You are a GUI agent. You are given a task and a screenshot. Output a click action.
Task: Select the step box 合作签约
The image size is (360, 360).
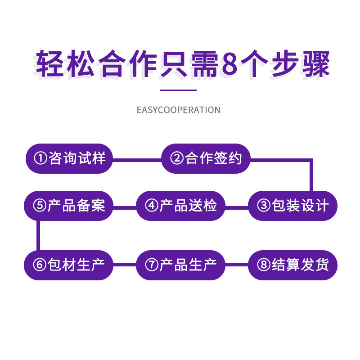[x=206, y=158]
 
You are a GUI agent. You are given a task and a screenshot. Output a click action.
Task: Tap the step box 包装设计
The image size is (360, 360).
[x=292, y=206]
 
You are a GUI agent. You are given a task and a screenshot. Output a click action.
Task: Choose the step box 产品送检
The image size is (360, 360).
[x=180, y=206]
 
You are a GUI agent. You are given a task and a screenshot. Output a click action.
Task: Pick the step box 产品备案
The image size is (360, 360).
[x=68, y=206]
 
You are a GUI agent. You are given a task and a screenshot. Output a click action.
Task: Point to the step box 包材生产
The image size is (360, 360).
[x=68, y=265]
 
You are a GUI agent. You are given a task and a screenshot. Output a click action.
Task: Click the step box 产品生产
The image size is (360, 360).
[x=180, y=265]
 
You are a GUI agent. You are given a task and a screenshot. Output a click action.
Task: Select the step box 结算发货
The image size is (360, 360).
[x=292, y=265]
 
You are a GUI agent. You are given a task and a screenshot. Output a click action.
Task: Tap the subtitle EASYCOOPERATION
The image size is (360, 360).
[x=179, y=110]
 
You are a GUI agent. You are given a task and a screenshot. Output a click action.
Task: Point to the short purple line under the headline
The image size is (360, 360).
[x=179, y=90]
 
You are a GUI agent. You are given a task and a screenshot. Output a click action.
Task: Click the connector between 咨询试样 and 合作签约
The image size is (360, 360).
[x=137, y=158]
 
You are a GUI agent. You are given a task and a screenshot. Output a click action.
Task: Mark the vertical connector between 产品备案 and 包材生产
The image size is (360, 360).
[x=38, y=235]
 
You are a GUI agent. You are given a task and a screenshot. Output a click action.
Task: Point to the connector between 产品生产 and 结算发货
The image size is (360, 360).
[x=237, y=265]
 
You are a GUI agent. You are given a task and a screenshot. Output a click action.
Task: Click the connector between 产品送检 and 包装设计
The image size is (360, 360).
[x=237, y=207]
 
